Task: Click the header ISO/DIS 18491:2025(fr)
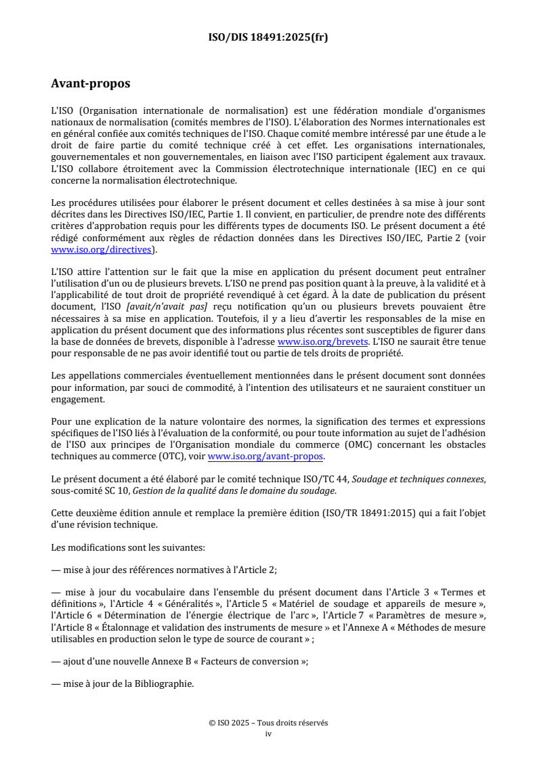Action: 268,37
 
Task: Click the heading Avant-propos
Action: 91,84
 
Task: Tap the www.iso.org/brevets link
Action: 323,341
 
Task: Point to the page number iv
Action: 268,733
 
